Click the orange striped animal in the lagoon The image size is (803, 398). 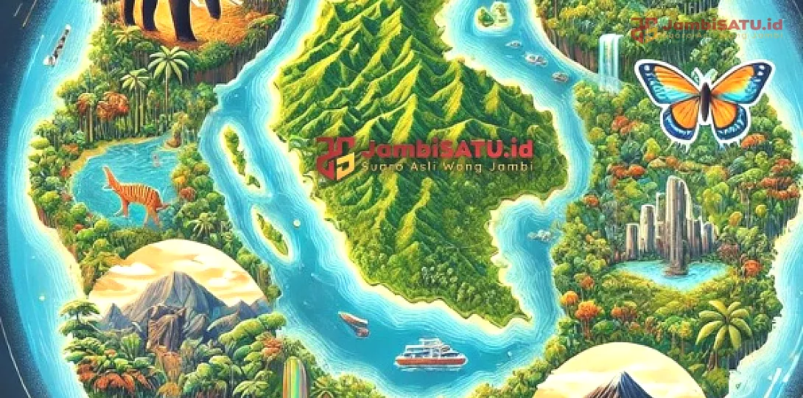click(133, 193)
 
